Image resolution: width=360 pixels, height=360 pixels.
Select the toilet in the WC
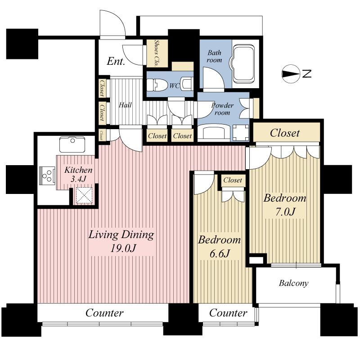tap(157, 85)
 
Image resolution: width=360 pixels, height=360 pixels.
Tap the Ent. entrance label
tap(116, 62)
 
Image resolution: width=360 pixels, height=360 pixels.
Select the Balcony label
tap(293, 283)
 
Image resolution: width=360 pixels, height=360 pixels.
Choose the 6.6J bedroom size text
tap(219, 253)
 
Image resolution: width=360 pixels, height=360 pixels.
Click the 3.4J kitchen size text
tap(79, 179)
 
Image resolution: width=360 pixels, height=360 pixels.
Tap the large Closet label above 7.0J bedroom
tap(284, 133)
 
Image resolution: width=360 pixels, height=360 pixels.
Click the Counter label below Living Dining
tap(104, 313)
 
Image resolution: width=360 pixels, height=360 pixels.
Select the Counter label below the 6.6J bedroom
tap(228, 313)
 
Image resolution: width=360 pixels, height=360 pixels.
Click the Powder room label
tap(222, 109)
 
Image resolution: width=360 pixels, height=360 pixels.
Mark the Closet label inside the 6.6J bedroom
tap(233, 180)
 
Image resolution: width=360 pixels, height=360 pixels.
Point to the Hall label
tap(125, 105)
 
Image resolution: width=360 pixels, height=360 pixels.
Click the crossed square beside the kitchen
tap(84, 196)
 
